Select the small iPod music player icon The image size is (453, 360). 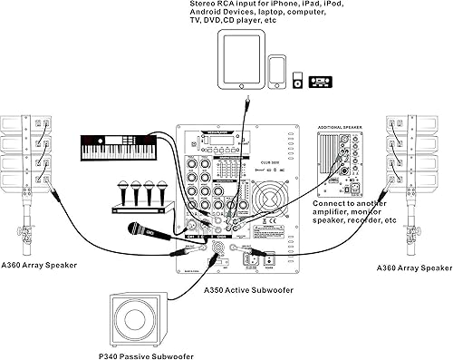tap(297, 82)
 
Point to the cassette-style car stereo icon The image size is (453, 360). tap(321, 82)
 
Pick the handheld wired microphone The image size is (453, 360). tap(150, 228)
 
